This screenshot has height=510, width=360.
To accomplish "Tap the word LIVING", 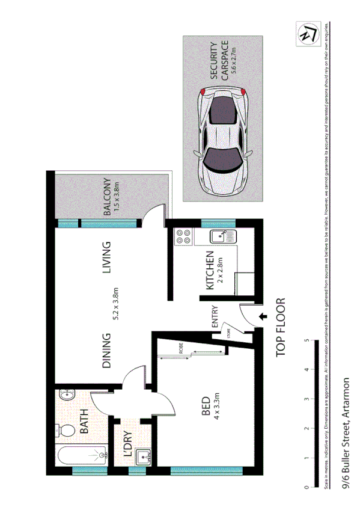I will [108, 258].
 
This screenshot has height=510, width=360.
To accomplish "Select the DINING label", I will [107, 351].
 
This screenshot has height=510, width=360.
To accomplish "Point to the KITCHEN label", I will [210, 270].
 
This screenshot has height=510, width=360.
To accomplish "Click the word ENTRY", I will [215, 318].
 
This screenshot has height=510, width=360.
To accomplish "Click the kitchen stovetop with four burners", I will [183, 237].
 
